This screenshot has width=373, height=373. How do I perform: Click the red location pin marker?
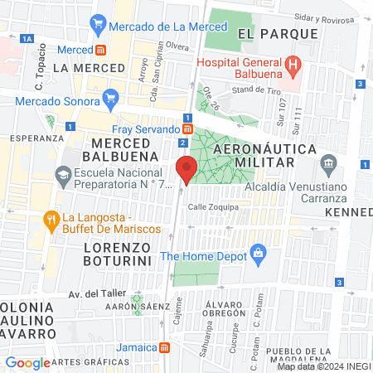coord(187,167)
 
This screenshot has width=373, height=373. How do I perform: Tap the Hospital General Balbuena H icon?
coord(292,64)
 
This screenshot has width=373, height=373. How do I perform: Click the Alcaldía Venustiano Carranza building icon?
coord(330,161)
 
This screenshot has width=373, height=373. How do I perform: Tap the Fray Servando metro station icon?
coord(188,129)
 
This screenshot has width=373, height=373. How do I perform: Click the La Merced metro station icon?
coord(99,50)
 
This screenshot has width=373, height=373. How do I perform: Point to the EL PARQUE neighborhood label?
coord(278,34)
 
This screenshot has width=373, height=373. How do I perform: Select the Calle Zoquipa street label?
coord(213,206)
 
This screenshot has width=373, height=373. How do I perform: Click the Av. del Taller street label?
coord(95,293)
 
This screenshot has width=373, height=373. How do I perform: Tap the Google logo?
coord(27,362)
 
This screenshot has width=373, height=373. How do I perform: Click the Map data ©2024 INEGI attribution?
coord(322,366)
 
